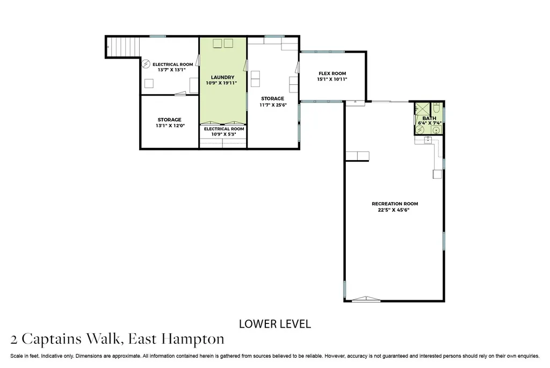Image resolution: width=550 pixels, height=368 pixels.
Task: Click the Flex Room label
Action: click(332, 73)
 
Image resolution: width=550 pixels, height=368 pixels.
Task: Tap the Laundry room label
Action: click(223, 77)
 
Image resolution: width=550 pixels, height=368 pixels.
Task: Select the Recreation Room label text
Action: click(395, 204)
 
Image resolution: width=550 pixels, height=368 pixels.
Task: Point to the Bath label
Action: click(429, 118)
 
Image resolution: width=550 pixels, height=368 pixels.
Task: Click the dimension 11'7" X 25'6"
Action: click(273, 105)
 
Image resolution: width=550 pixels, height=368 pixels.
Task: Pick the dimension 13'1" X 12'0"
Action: click(170, 126)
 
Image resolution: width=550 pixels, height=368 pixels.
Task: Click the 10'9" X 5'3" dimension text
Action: click(224, 134)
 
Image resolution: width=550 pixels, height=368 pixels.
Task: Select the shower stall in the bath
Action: click(422, 109)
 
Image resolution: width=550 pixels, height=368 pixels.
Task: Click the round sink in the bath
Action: click(436, 130)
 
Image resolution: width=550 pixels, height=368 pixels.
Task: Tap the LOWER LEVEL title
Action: click(275, 324)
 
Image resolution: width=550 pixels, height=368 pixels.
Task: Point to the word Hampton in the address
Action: click(193, 340)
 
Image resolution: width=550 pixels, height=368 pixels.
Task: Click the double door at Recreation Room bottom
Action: click(366, 299)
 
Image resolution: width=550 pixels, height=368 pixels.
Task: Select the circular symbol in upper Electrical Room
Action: click(146, 64)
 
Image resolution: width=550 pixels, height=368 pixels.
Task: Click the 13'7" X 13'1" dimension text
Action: click(171, 70)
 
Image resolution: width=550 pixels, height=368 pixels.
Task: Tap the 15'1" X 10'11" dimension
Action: click(332, 80)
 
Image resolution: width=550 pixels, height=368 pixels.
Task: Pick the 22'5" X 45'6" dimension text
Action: click(394, 210)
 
